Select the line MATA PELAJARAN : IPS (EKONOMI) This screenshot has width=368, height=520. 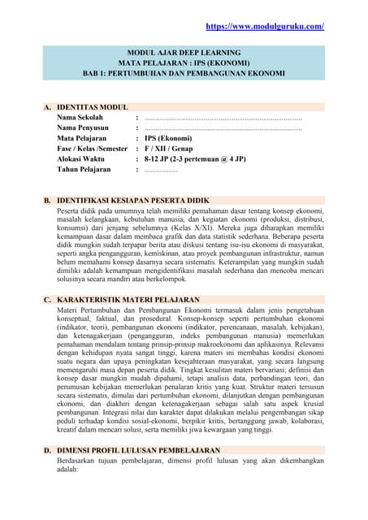[184, 63]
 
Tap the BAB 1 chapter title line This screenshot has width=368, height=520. [184, 73]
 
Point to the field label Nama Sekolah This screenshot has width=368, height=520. [80, 117]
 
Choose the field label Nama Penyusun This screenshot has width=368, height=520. [83, 128]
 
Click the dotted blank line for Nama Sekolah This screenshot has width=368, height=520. [223, 118]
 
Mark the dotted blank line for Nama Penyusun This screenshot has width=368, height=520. [223, 128]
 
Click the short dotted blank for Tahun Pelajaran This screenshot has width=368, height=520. [161, 171]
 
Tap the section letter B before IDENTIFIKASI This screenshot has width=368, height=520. [48, 200]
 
